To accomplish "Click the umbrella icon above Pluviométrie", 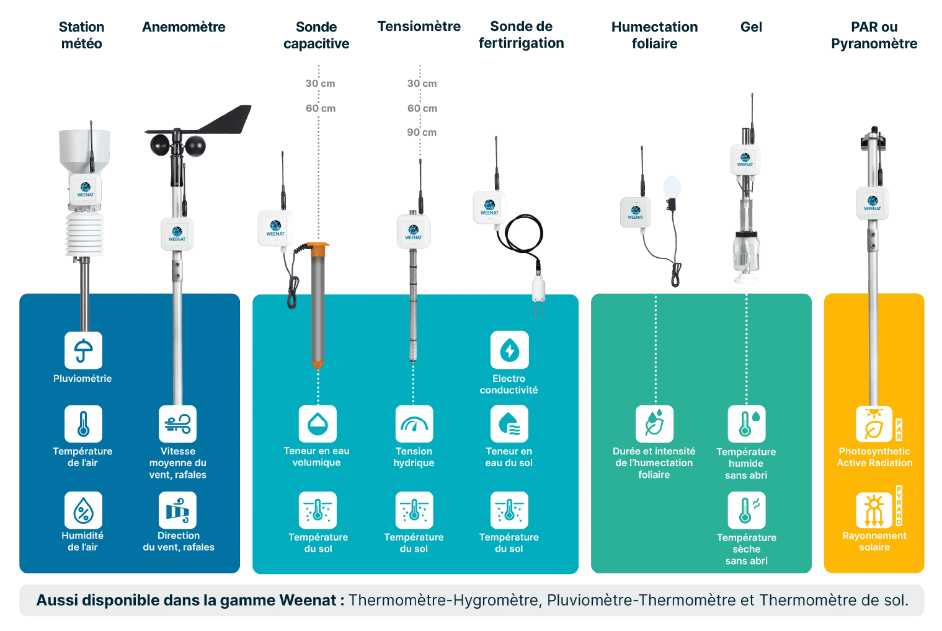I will [83, 350].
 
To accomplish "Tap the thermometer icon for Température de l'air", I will [83, 424].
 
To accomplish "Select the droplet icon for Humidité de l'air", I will [83, 510].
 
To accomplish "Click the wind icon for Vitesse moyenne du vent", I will [177, 424].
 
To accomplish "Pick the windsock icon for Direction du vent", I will [177, 510].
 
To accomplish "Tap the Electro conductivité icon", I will [509, 350].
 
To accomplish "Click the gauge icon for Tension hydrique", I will [414, 424].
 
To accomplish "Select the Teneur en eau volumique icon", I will [318, 424].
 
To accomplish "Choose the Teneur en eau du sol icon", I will [509, 424].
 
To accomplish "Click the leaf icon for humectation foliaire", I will [654, 424].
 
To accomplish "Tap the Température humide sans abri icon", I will [746, 424].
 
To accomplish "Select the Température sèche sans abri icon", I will [746, 510].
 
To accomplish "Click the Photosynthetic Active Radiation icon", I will [874, 424].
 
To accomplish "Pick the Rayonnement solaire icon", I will [874, 510].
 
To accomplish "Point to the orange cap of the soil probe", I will [319, 250].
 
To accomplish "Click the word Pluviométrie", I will [82, 379].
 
